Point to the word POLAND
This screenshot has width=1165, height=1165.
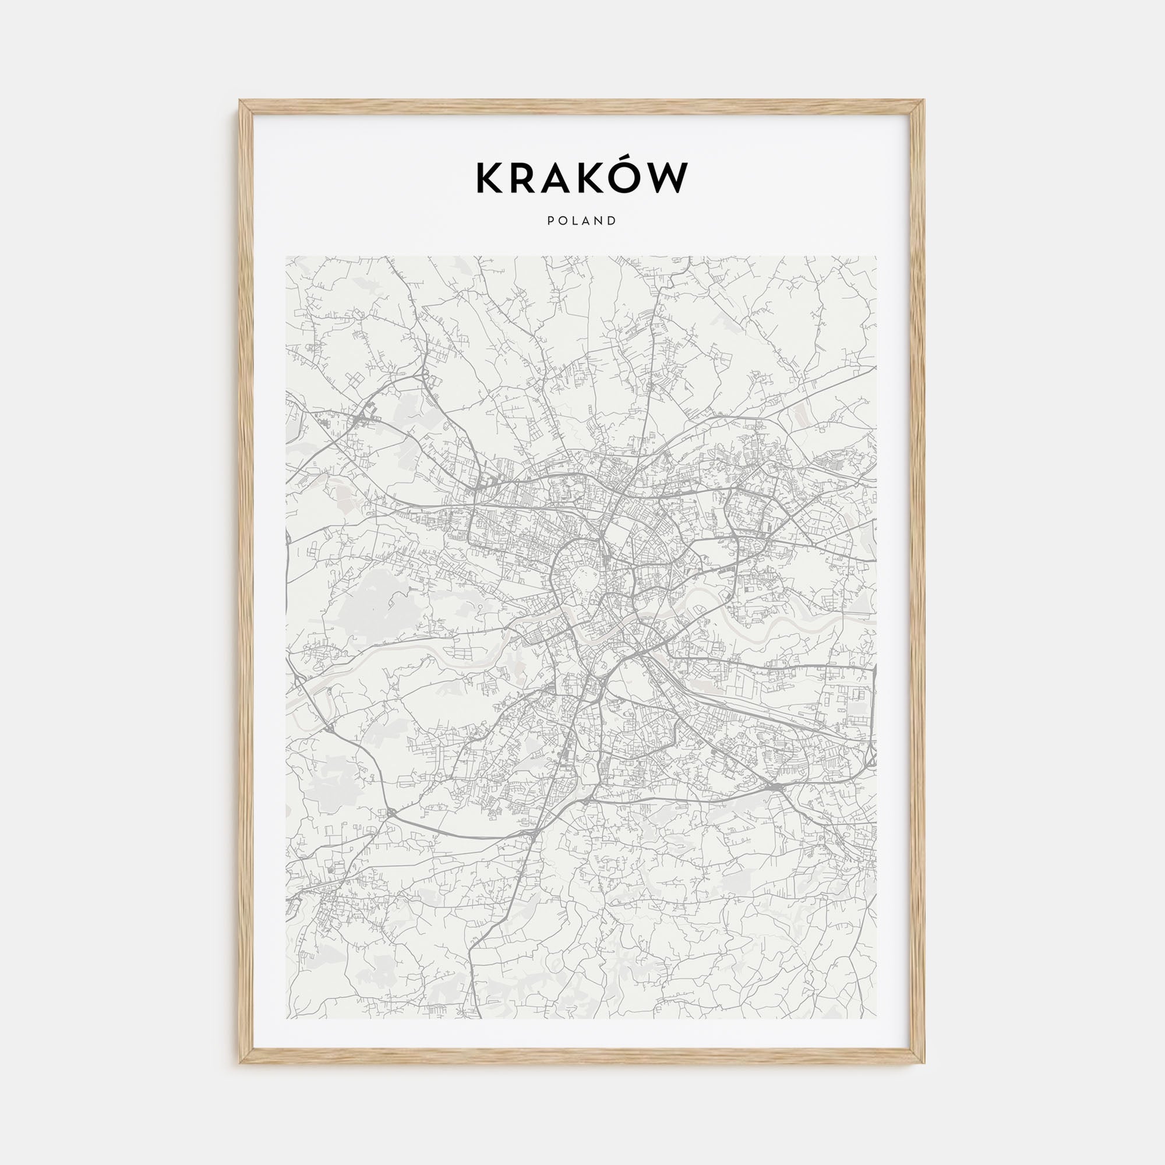point(582,221)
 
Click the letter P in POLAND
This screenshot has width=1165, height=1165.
point(550,221)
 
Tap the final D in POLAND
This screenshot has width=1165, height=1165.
point(613,221)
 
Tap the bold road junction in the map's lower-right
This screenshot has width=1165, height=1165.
point(774,788)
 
